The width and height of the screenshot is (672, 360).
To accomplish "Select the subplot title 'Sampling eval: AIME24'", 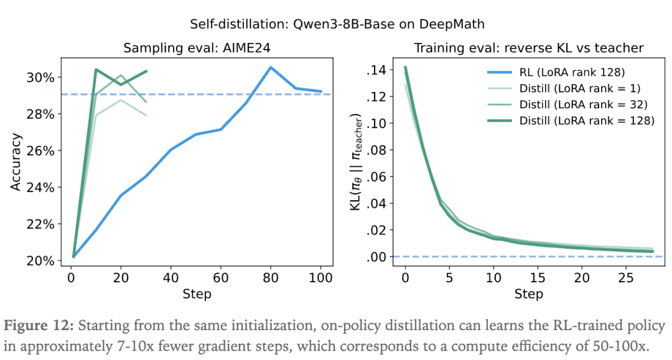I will click(197, 48).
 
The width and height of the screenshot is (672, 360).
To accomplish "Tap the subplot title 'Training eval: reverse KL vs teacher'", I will click(529, 48).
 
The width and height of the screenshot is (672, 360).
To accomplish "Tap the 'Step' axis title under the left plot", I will click(197, 293).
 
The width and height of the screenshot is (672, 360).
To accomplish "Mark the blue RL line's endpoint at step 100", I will click(321, 91).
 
